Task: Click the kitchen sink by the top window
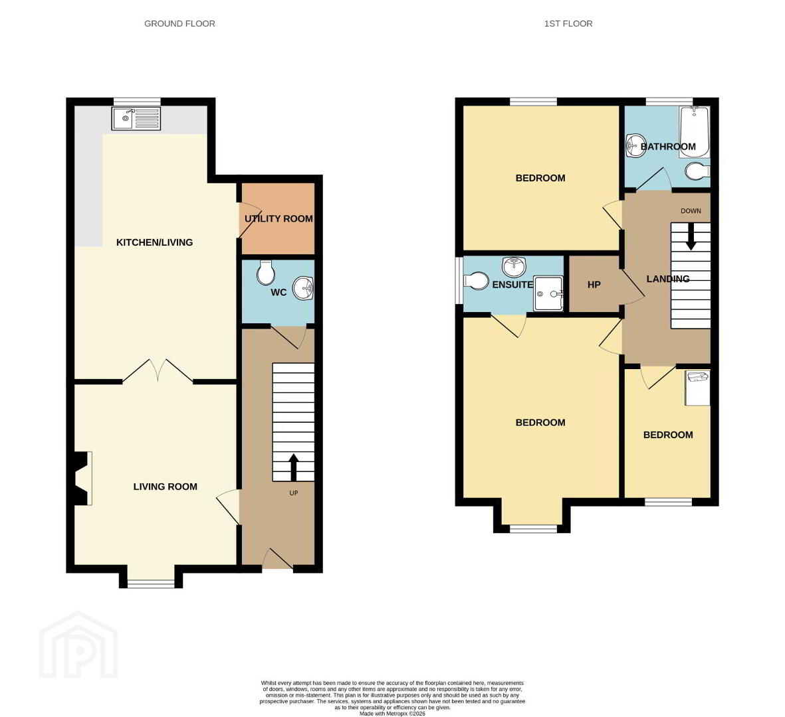click(136, 118)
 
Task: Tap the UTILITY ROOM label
click(279, 218)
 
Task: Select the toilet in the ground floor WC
click(265, 272)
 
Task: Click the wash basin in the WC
click(303, 289)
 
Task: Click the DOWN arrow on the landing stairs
click(691, 236)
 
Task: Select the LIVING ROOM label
click(166, 487)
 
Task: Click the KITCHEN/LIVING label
click(154, 242)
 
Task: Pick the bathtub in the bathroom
click(695, 133)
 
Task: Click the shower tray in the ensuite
click(548, 293)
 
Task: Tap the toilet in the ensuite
click(476, 281)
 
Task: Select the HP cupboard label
click(594, 285)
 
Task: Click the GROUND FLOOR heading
click(179, 23)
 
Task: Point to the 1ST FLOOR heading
click(568, 23)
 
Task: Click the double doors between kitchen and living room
click(158, 371)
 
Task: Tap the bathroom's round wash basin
click(636, 145)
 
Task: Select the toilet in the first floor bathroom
click(697, 171)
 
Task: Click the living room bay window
click(151, 583)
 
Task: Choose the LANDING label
click(668, 279)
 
